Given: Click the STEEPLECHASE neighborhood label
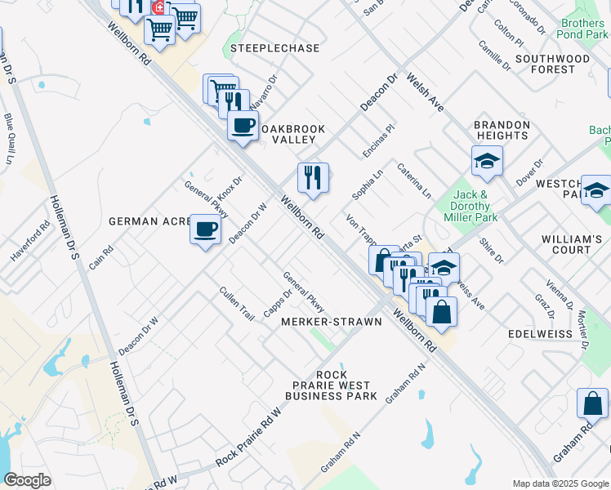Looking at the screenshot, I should point(274,49).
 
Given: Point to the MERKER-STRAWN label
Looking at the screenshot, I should point(331,322).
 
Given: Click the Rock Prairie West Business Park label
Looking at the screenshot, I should point(331,385).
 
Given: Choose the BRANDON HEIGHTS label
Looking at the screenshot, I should point(502,130).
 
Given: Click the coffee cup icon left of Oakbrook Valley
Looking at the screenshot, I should point(242,126).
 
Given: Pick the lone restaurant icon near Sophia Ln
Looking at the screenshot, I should point(312,177).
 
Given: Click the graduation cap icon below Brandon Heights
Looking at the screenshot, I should point(486,161).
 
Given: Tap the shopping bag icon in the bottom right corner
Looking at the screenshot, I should point(592,403).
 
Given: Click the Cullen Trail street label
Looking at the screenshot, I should point(237,303).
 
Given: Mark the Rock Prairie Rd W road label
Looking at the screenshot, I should point(248,438).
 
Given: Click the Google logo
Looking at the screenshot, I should point(27,480).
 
